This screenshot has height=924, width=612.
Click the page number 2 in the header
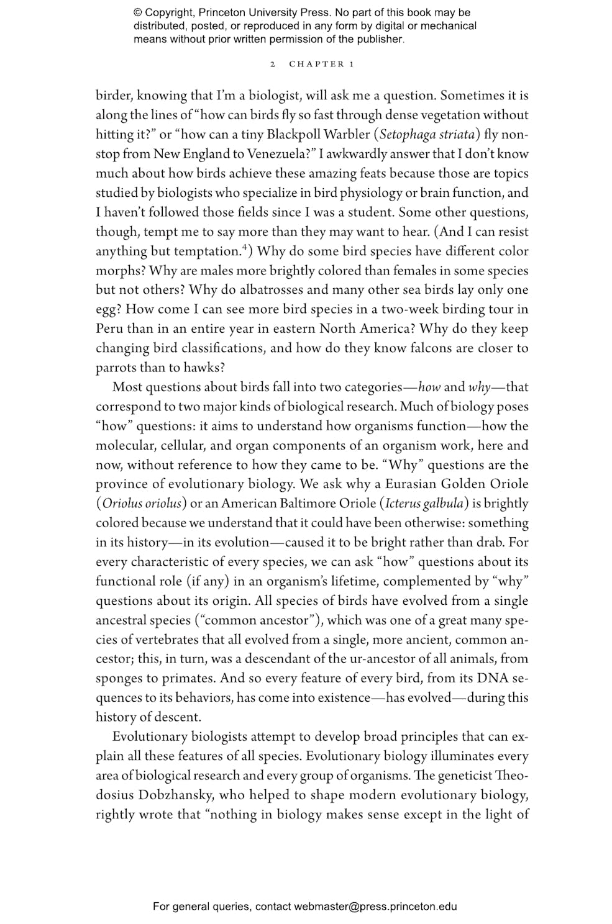(273, 64)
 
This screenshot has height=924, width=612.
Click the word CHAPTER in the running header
(316, 64)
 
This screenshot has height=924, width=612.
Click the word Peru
(109, 328)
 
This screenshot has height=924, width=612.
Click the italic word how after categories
(429, 387)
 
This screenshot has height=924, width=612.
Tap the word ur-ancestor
(351, 659)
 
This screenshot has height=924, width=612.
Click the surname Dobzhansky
(176, 795)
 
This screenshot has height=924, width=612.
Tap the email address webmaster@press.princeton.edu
(375, 907)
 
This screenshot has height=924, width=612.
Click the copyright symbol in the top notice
(138, 12)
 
